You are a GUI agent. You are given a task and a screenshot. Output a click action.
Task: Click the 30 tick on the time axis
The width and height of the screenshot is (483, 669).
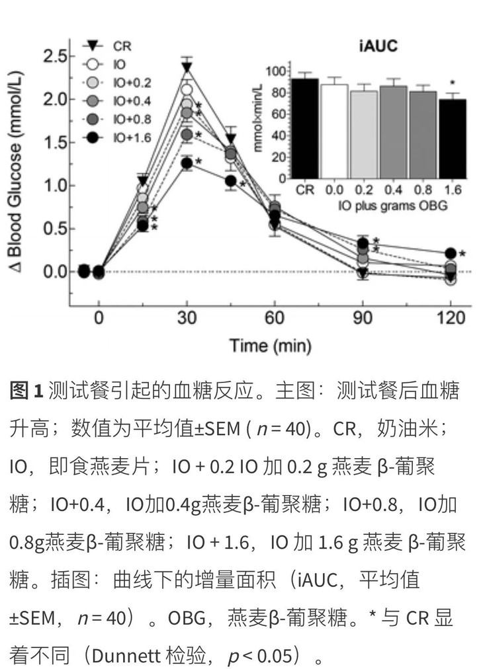tap(187, 319)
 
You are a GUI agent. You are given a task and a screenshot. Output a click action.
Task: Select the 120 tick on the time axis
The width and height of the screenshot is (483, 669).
tap(451, 319)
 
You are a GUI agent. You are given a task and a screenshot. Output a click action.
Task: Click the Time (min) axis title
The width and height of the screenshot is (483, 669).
tap(270, 345)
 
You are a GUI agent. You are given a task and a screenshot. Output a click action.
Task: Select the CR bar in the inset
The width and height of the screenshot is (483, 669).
tap(304, 128)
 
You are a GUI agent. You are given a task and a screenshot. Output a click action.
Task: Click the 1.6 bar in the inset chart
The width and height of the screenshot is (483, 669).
tap(453, 139)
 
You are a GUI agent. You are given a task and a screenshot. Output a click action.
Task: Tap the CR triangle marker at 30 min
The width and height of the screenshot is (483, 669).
tap(187, 67)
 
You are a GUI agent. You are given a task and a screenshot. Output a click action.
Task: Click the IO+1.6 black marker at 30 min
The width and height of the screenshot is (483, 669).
tap(187, 163)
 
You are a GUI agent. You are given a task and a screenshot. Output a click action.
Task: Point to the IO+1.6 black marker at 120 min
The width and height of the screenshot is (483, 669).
tap(451, 253)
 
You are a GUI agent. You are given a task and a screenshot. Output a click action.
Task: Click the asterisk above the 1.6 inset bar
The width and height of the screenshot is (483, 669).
tap(453, 83)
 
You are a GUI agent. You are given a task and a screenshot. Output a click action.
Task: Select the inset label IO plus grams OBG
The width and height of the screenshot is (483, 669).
tap(378, 206)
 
